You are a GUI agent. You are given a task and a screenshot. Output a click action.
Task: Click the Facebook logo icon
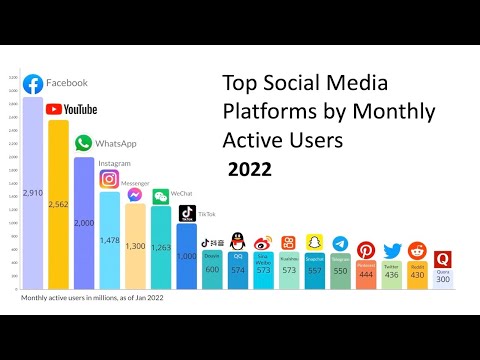tap(33, 84)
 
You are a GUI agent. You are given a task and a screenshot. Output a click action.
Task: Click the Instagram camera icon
tap(109, 179)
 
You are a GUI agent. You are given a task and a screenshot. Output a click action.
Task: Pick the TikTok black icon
tap(187, 212)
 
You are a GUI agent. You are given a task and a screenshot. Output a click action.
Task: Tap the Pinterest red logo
tap(366, 250)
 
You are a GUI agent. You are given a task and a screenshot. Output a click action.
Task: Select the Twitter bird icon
tap(392, 251)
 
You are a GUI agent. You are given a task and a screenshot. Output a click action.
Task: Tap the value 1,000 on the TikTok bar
tap(187, 256)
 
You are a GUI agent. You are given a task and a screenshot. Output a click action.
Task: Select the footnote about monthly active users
tap(92, 297)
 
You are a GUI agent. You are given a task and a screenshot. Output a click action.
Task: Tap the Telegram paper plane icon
tap(340, 245)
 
